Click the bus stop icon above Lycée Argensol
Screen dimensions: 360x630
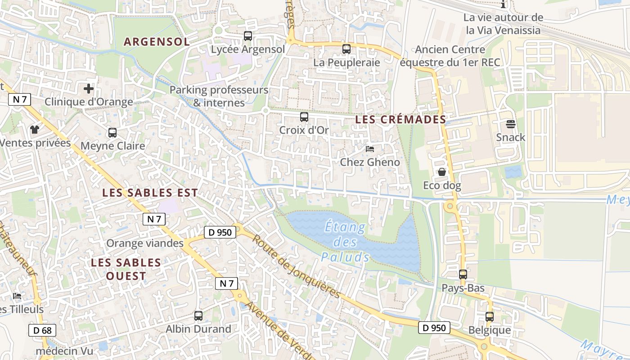pos(248,36)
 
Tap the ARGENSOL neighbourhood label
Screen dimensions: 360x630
pos(157,42)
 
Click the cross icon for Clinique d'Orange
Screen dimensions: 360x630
pos(89,88)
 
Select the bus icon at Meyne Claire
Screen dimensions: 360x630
pos(112,133)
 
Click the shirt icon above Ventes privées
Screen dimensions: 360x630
pos(35,130)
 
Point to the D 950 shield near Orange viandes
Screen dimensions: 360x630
pos(220,232)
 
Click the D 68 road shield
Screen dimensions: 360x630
pos(42,330)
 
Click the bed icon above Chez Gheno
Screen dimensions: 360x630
pos(370,148)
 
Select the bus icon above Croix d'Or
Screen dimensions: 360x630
pos(304,117)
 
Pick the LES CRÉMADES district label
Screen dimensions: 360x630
pos(400,119)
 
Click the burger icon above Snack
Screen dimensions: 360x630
pos(511,124)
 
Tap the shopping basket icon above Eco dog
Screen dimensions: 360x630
pos(442,172)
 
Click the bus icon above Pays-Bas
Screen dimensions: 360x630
pos(463,274)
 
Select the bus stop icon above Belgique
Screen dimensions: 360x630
pos(490,316)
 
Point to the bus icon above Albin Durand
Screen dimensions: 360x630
pos(198,315)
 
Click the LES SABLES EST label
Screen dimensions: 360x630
pos(150,193)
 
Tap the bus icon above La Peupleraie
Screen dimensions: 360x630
pos(346,49)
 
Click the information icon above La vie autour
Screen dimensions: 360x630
pos(503,4)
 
